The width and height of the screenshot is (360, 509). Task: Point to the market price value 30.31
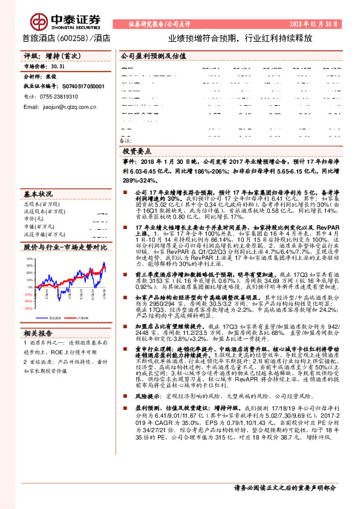[x=58, y=66]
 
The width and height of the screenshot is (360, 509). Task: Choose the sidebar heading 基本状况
[x=39, y=195]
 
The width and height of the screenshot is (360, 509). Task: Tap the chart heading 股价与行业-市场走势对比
[x=64, y=247]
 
